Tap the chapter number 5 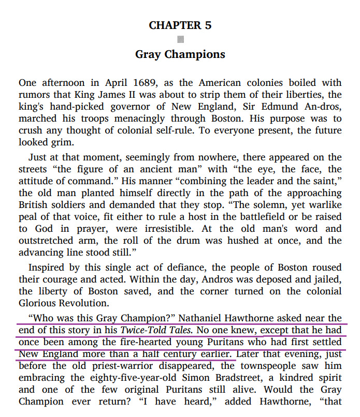(208, 25)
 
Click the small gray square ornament (180, 39)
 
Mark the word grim (76, 142)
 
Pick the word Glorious (40, 303)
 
